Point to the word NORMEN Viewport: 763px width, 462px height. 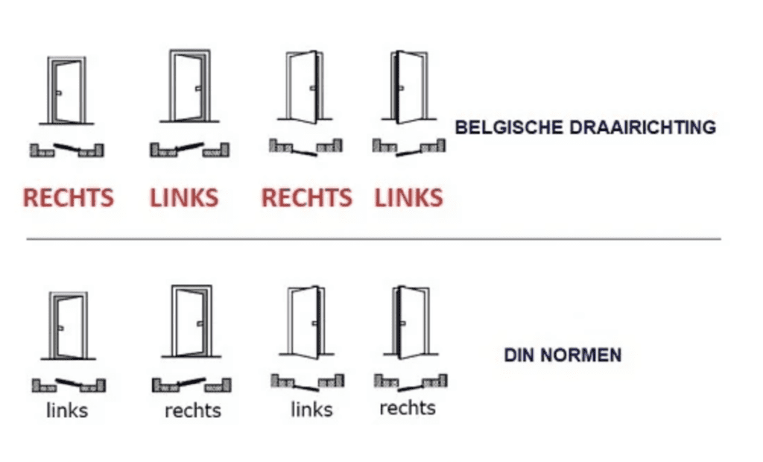click(583, 355)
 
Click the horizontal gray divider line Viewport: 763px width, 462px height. click(373, 239)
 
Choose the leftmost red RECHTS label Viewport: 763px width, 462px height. click(69, 198)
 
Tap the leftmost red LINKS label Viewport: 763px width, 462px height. click(184, 198)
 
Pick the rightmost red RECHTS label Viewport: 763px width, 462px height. click(306, 198)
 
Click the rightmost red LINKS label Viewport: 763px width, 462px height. click(408, 198)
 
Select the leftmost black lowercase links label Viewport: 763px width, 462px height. click(67, 410)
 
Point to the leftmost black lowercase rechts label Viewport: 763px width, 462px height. click(193, 410)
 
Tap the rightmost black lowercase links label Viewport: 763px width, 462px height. click(311, 409)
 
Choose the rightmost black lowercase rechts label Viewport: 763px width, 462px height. click(407, 408)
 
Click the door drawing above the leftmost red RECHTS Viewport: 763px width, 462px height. click(66, 90)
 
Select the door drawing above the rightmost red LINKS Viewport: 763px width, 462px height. click(408, 86)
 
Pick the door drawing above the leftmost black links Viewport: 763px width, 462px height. click(67, 325)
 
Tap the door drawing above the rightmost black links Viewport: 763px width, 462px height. click(306, 321)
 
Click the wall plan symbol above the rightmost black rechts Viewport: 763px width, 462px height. click(411, 382)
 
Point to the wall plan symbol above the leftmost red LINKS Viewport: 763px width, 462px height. click(189, 149)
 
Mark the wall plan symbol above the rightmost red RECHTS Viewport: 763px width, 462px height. click(305, 147)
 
